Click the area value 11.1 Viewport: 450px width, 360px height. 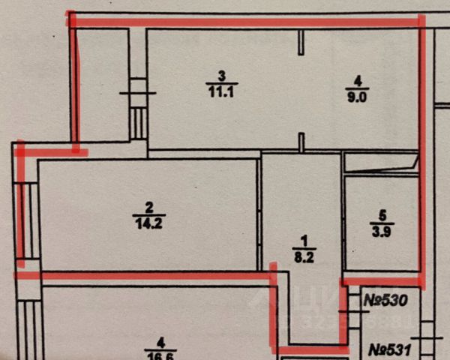tap(220, 91)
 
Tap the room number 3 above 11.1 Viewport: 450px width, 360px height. tap(220, 76)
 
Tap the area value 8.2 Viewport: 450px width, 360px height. tap(304, 255)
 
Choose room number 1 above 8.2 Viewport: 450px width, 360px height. tap(304, 240)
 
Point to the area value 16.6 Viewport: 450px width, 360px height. tap(155, 355)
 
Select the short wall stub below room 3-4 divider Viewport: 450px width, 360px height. tap(301, 141)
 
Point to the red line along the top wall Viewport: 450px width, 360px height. tap(247, 22)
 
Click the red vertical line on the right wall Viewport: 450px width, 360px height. tap(421, 150)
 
